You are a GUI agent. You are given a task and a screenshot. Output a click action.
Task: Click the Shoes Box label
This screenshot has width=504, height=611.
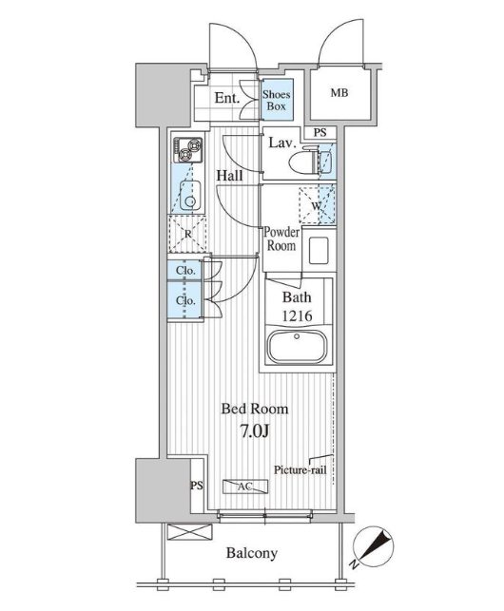pyautogui.click(x=276, y=100)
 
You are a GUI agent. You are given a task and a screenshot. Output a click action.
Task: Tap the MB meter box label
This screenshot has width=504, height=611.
pyautogui.click(x=339, y=93)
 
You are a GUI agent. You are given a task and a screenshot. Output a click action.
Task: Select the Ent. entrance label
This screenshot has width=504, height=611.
pyautogui.click(x=226, y=98)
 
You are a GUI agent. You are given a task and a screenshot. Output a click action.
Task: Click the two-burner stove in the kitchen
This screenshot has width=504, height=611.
pyautogui.click(x=188, y=150)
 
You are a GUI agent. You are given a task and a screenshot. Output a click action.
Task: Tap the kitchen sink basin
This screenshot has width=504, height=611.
pyautogui.click(x=190, y=196)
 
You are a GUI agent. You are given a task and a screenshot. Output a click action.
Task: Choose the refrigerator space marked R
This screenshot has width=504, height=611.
pyautogui.click(x=188, y=234)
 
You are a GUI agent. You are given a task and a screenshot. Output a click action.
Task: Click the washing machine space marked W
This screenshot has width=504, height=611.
pyautogui.click(x=317, y=205)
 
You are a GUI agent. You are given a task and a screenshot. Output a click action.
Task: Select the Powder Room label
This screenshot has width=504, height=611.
pyautogui.click(x=281, y=239)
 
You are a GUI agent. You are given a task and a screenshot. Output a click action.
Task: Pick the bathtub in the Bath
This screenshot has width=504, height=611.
pyautogui.click(x=298, y=347)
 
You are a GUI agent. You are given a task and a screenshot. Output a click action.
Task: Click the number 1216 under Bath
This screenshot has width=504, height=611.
pyautogui.click(x=297, y=315)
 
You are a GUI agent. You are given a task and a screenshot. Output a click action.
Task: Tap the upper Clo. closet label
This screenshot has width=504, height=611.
pyautogui.click(x=185, y=271)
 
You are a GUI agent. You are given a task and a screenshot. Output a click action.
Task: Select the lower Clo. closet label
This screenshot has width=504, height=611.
pyautogui.click(x=185, y=300)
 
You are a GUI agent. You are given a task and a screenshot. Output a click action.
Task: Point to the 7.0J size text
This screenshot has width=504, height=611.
pyautogui.click(x=254, y=431)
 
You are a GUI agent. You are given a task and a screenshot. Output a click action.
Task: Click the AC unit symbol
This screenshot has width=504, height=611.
pyautogui.click(x=245, y=487)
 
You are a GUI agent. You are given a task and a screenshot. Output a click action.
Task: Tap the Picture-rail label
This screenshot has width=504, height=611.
pyautogui.click(x=300, y=470)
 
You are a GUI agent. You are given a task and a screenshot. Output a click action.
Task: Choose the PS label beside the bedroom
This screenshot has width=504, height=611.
pyautogui.click(x=197, y=486)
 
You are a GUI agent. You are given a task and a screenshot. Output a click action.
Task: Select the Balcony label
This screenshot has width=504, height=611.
pyautogui.click(x=252, y=553)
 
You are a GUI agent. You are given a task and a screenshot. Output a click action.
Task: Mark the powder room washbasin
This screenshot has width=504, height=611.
pyautogui.click(x=319, y=251)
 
